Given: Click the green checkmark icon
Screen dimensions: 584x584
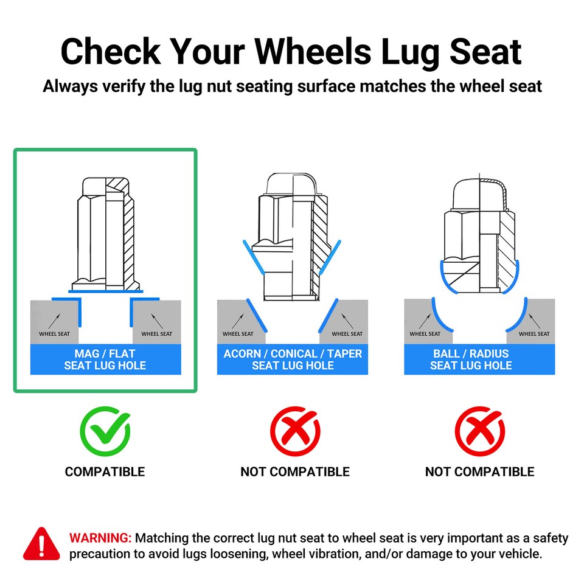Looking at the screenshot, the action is tap(105, 431).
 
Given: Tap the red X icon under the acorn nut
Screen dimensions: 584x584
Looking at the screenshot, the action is tap(295, 431).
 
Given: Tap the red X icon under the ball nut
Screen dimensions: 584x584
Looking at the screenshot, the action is tap(480, 431).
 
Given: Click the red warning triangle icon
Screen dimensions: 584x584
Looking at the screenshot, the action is tap(41, 544).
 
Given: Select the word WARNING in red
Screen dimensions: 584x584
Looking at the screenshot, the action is tap(100, 538).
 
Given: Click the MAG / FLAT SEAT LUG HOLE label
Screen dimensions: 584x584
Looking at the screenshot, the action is tap(105, 360).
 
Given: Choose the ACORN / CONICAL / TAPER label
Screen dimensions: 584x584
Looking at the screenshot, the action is tap(293, 353).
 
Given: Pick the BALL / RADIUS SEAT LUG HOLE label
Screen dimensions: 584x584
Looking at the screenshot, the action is tap(471, 360).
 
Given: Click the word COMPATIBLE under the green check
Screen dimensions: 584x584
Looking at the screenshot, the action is tap(105, 472).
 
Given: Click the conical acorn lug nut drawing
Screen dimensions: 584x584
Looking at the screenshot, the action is tap(293, 237).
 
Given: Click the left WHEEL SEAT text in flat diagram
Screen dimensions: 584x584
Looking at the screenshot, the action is tap(54, 334).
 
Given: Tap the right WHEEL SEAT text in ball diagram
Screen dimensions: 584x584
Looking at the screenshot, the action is tap(534, 334).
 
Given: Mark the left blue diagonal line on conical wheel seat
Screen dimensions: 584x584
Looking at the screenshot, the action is tap(257, 315).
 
